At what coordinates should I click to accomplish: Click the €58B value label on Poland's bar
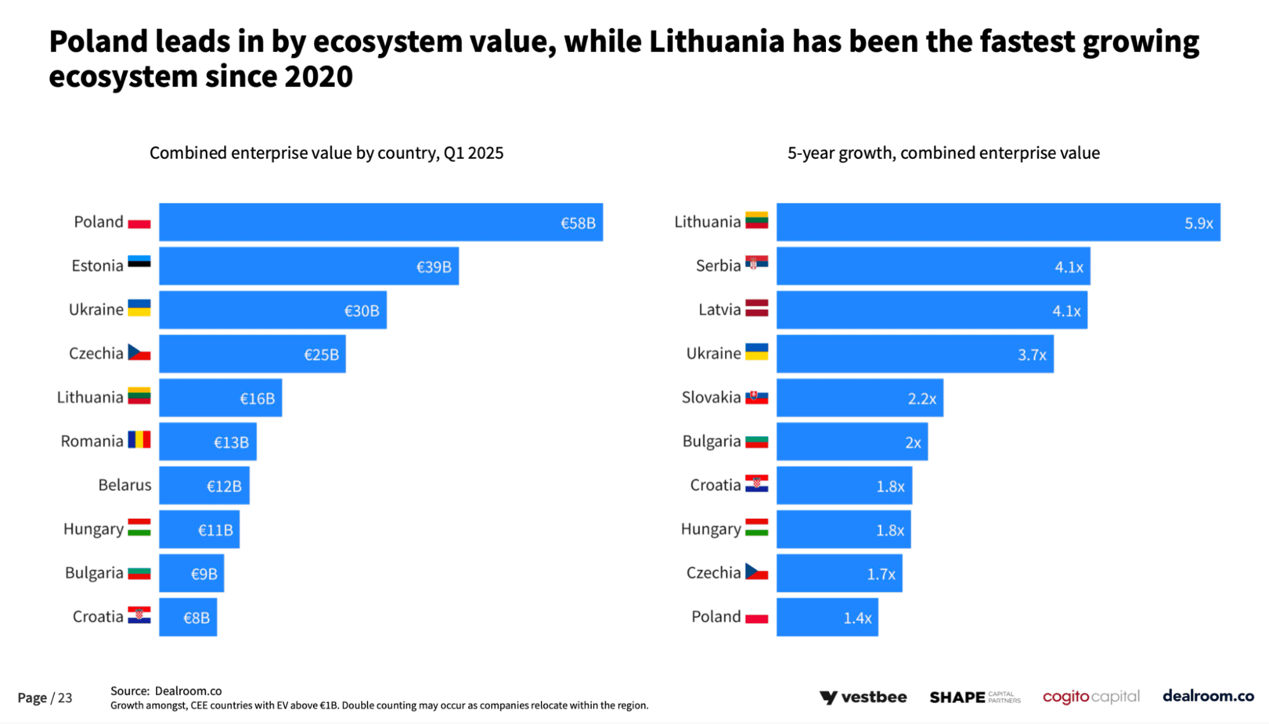(578, 223)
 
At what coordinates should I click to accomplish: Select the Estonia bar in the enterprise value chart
(309, 266)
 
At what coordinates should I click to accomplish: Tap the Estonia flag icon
(139, 262)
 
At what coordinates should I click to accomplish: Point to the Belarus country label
(124, 485)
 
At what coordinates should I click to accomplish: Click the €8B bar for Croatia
(188, 617)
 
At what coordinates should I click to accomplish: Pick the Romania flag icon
(139, 439)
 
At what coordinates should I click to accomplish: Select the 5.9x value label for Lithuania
(1198, 223)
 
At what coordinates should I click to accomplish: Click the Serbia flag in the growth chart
(756, 262)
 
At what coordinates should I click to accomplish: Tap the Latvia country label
(719, 310)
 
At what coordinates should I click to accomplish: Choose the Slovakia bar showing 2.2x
(860, 398)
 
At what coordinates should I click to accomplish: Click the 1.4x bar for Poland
(827, 617)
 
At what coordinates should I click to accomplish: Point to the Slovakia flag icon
(756, 398)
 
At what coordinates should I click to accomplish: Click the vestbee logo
(863, 697)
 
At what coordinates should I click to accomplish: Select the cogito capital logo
(1091, 697)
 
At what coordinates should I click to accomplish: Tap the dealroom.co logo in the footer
(1207, 696)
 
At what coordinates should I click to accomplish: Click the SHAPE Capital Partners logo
(974, 697)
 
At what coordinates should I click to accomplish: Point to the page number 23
(65, 698)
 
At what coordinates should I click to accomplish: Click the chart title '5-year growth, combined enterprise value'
(943, 153)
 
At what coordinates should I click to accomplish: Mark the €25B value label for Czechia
(321, 354)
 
